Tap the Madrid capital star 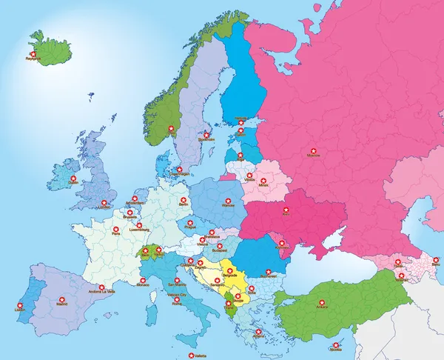(61, 301)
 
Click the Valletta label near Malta (195, 355)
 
